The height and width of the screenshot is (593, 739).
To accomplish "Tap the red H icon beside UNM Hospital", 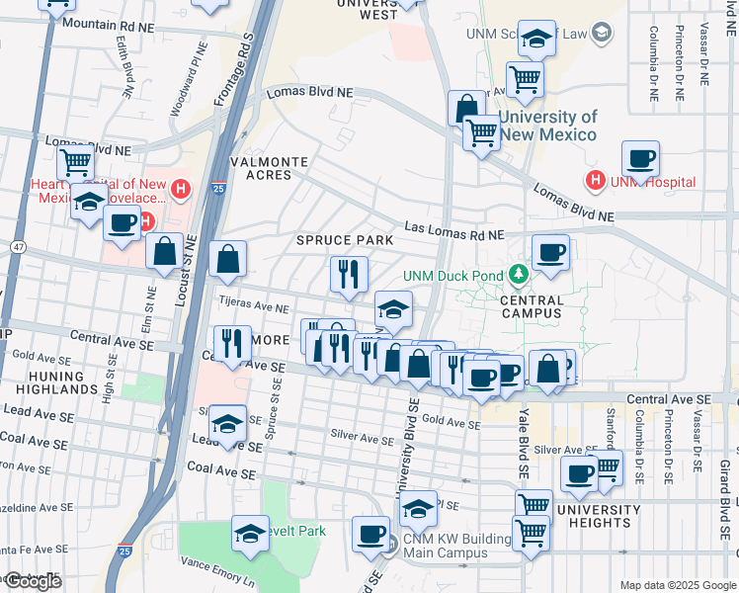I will (x=595, y=181).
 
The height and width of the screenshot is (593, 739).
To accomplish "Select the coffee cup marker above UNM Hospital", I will (x=640, y=159).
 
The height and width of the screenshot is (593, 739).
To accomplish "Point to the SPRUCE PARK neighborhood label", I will (x=346, y=240).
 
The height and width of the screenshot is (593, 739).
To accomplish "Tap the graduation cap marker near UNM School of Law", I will (x=537, y=40).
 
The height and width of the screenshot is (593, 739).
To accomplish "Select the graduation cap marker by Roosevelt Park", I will (x=251, y=534).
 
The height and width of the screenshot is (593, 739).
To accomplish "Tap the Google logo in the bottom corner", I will (x=32, y=581).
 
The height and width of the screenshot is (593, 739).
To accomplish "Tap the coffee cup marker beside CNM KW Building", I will (x=371, y=534).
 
